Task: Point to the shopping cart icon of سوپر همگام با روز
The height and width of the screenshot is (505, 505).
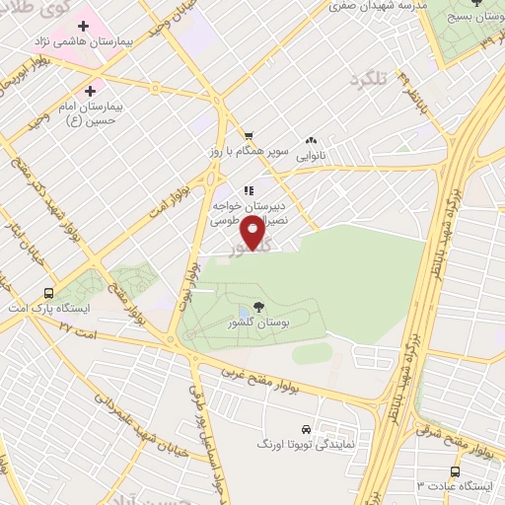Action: pyautogui.click(x=250, y=137)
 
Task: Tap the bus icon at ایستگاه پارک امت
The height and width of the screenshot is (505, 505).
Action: pyautogui.click(x=49, y=293)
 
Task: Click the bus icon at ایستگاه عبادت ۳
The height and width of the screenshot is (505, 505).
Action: pyautogui.click(x=455, y=471)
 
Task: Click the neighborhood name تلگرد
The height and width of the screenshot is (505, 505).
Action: pyautogui.click(x=369, y=77)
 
